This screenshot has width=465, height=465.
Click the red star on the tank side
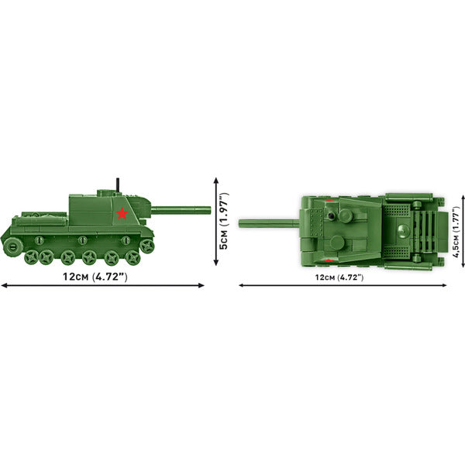coord(122,212)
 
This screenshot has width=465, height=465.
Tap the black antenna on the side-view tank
coord(116,184)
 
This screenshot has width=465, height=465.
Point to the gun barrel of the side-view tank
coord(182,208)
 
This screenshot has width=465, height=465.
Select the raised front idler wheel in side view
coord(146,245)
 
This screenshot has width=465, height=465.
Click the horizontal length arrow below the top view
coord(339,285)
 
